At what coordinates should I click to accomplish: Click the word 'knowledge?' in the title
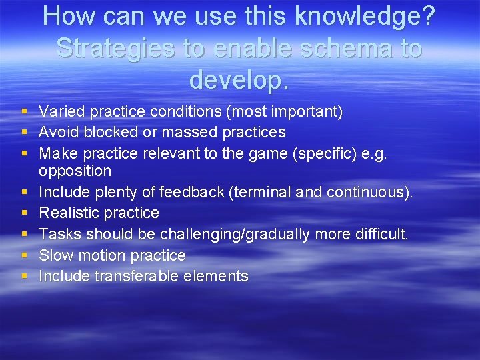pyautogui.click(x=360, y=17)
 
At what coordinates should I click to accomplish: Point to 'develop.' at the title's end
pyautogui.click(x=239, y=79)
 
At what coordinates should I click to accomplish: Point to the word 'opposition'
pyautogui.click(x=75, y=171)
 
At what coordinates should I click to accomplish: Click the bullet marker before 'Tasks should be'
pyautogui.click(x=24, y=235)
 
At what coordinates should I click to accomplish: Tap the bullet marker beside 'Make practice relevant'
pyautogui.click(x=24, y=153)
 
